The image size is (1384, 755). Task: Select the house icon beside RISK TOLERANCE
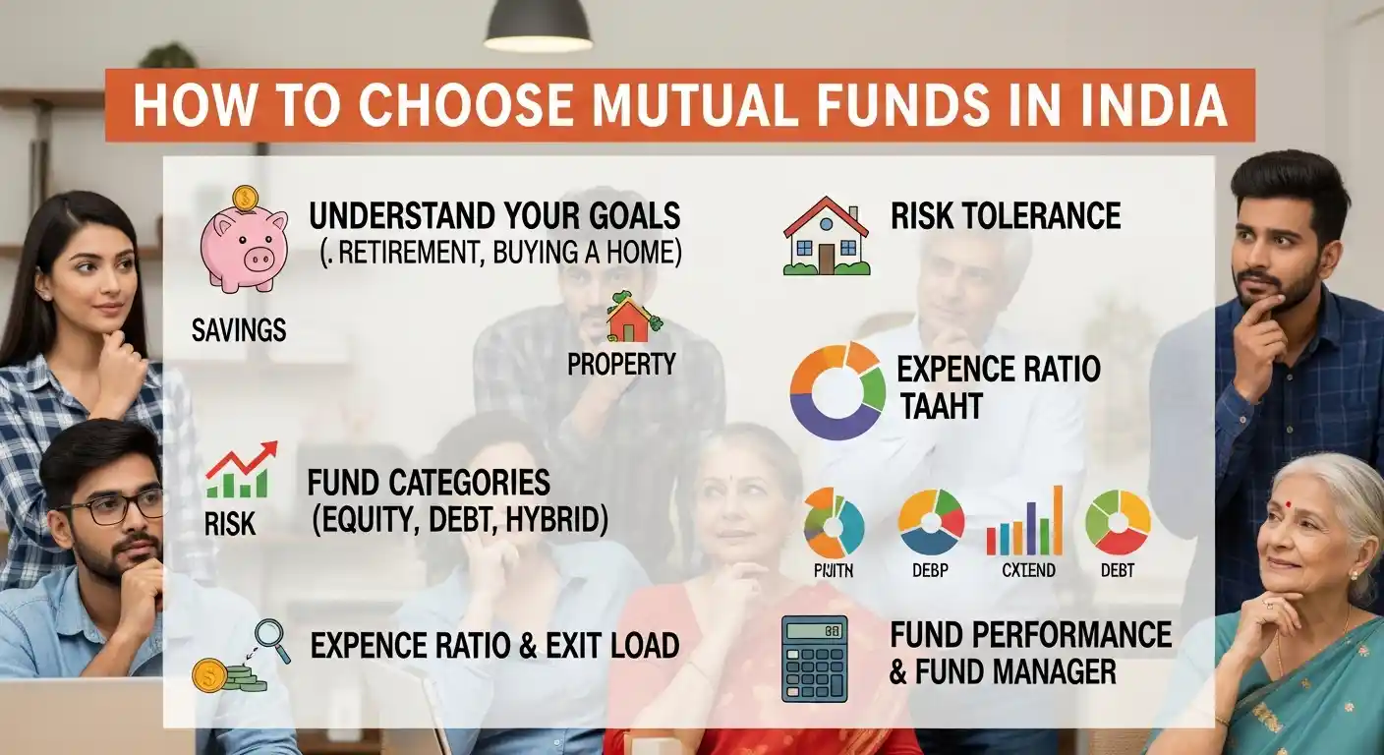coord(827,236)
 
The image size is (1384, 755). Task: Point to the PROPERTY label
coord(621,365)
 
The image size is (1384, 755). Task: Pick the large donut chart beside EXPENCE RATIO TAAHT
coord(837,390)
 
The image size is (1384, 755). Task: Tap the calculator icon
coord(814,659)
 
